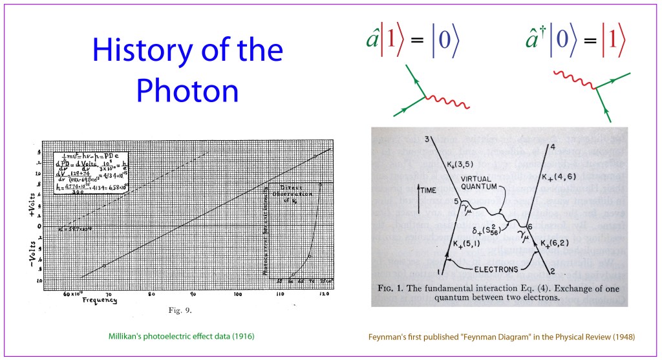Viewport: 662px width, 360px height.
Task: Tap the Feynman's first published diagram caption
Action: coord(500,336)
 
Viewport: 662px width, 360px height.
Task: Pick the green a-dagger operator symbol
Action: coord(535,39)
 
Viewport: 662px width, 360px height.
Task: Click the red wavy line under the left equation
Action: coord(449,103)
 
